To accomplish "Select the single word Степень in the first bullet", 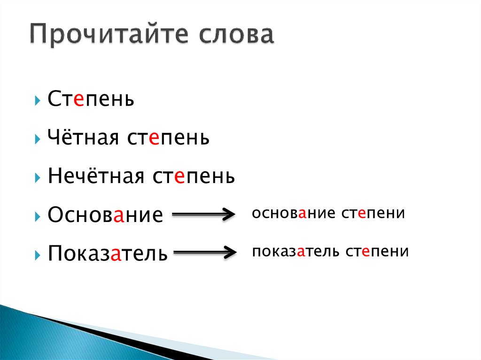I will click(91, 100).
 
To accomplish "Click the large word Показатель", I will click(108, 253).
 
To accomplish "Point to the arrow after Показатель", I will click(205, 253).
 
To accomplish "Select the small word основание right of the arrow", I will click(292, 213).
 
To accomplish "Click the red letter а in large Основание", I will click(119, 216).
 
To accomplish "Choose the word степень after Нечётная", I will click(193, 177).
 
